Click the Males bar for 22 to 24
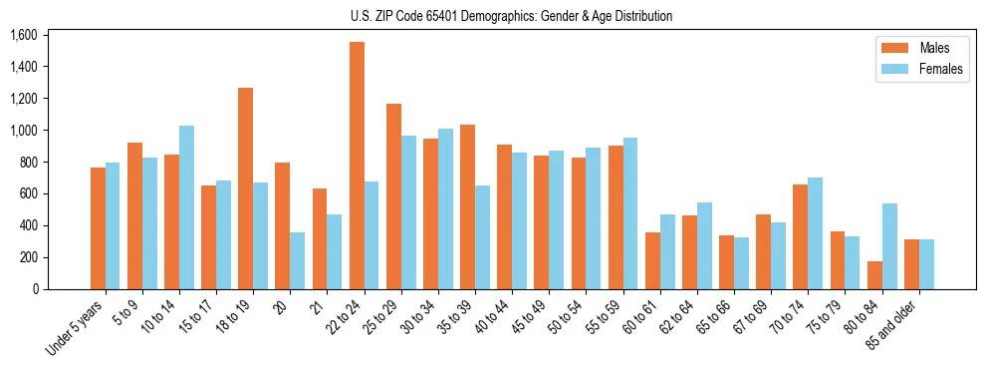coord(357,166)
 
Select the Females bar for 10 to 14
coord(186,207)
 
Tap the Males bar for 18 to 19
coord(245,188)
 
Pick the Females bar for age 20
coord(297,260)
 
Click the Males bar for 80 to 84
coord(874,275)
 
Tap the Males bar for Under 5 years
coord(98,228)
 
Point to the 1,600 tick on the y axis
coord(23,35)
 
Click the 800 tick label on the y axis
coord(27,162)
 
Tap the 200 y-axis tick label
coord(27,257)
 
